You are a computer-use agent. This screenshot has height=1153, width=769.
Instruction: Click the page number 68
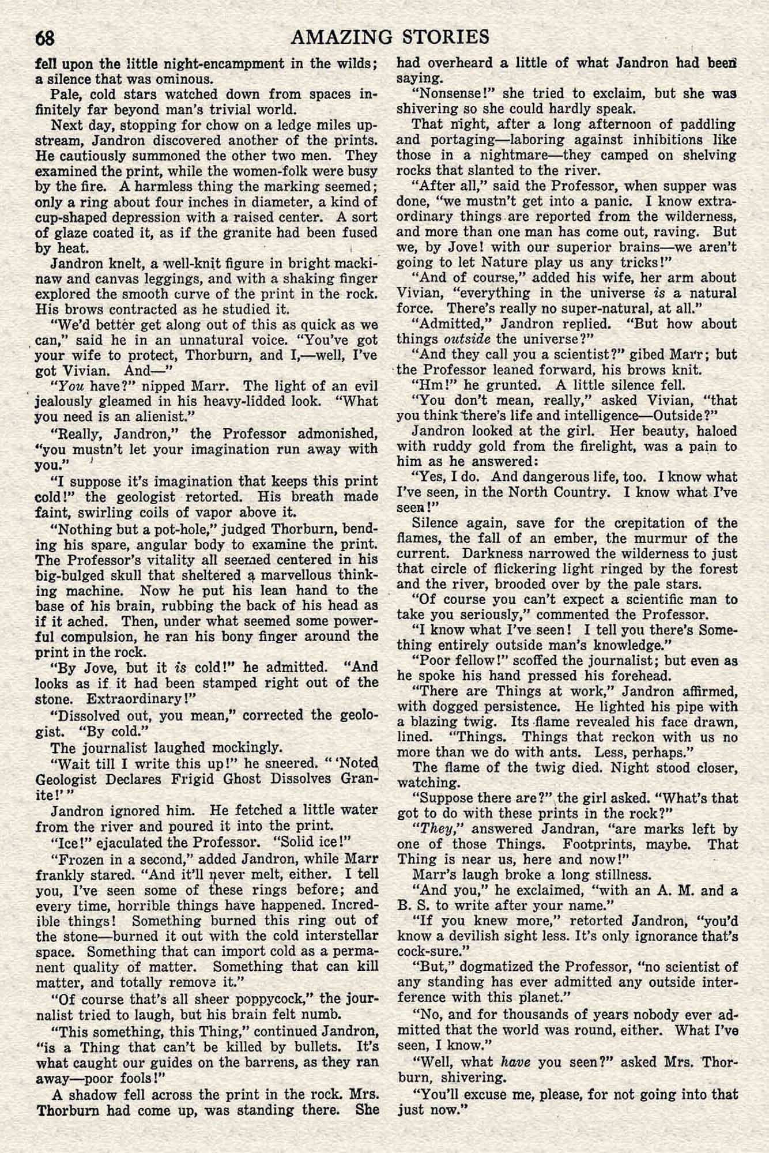pyautogui.click(x=45, y=37)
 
